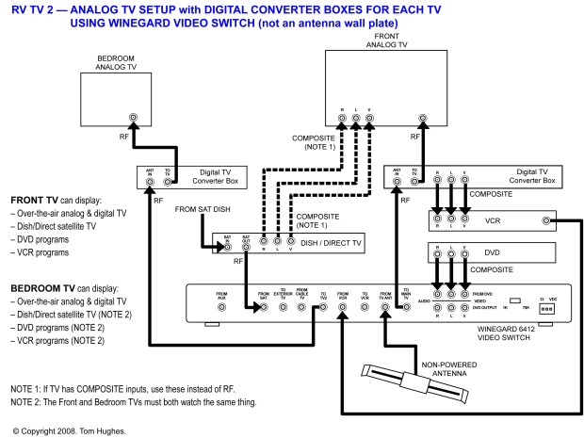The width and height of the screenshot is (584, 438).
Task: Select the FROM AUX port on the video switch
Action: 221,307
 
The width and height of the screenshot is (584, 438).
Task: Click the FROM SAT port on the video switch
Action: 263,307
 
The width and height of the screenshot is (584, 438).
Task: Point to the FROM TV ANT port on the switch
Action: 384,307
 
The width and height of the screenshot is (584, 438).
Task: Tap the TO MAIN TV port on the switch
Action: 405,307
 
